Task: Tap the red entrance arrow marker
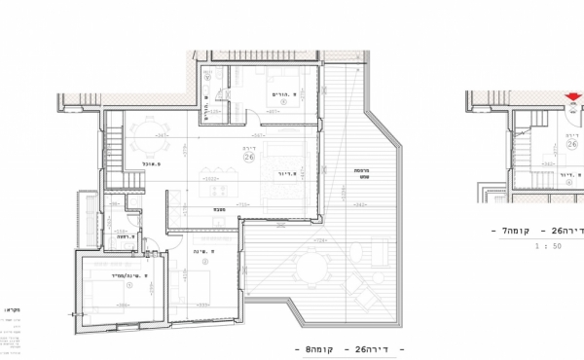point(574,96)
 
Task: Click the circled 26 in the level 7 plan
point(571,144)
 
